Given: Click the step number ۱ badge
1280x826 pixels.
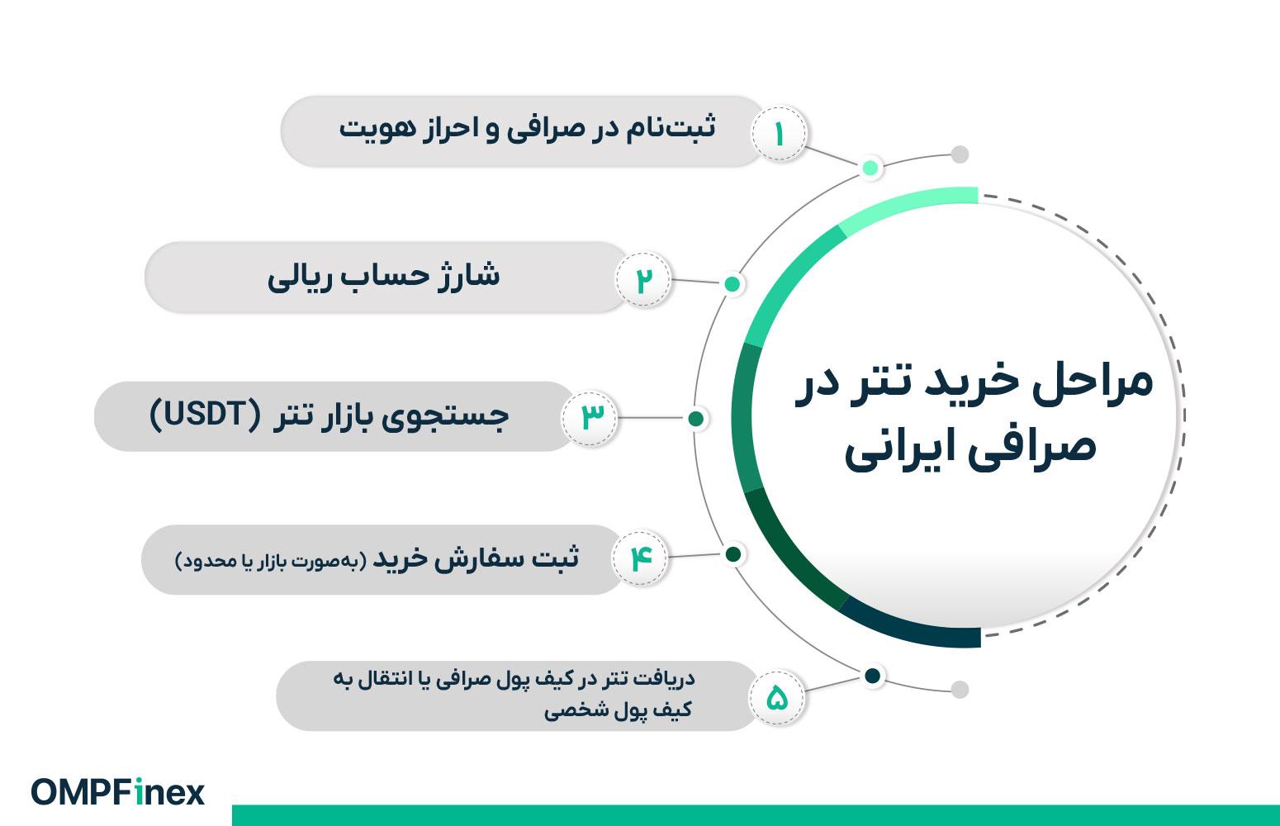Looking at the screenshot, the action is [x=778, y=134].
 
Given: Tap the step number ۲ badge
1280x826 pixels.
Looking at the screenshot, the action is [x=643, y=279].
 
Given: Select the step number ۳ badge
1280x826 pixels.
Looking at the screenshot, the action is [x=590, y=419].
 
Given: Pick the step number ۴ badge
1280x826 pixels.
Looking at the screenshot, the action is [x=640, y=558].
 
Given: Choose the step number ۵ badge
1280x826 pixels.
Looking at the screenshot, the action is [x=777, y=697].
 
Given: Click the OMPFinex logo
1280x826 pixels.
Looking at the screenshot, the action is [x=118, y=792].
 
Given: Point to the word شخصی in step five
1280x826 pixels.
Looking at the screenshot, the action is [x=571, y=710].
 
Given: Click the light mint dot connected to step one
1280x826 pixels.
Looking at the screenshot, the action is [x=870, y=168].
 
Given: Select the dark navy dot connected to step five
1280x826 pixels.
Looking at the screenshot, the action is [x=873, y=676].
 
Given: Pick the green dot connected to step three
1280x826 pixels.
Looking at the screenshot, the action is [x=696, y=419].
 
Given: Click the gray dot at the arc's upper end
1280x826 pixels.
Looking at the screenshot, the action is [x=960, y=154].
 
